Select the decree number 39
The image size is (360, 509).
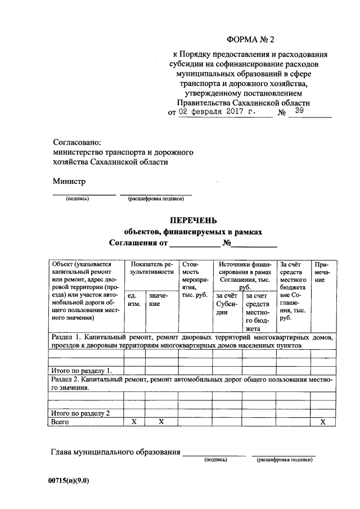click(299, 111)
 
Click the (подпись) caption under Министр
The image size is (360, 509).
click(77, 199)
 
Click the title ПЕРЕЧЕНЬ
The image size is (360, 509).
click(192, 220)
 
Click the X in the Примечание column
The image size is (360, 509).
click(323, 421)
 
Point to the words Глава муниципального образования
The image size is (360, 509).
click(115, 452)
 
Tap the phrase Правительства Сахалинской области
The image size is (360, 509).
click(242, 103)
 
